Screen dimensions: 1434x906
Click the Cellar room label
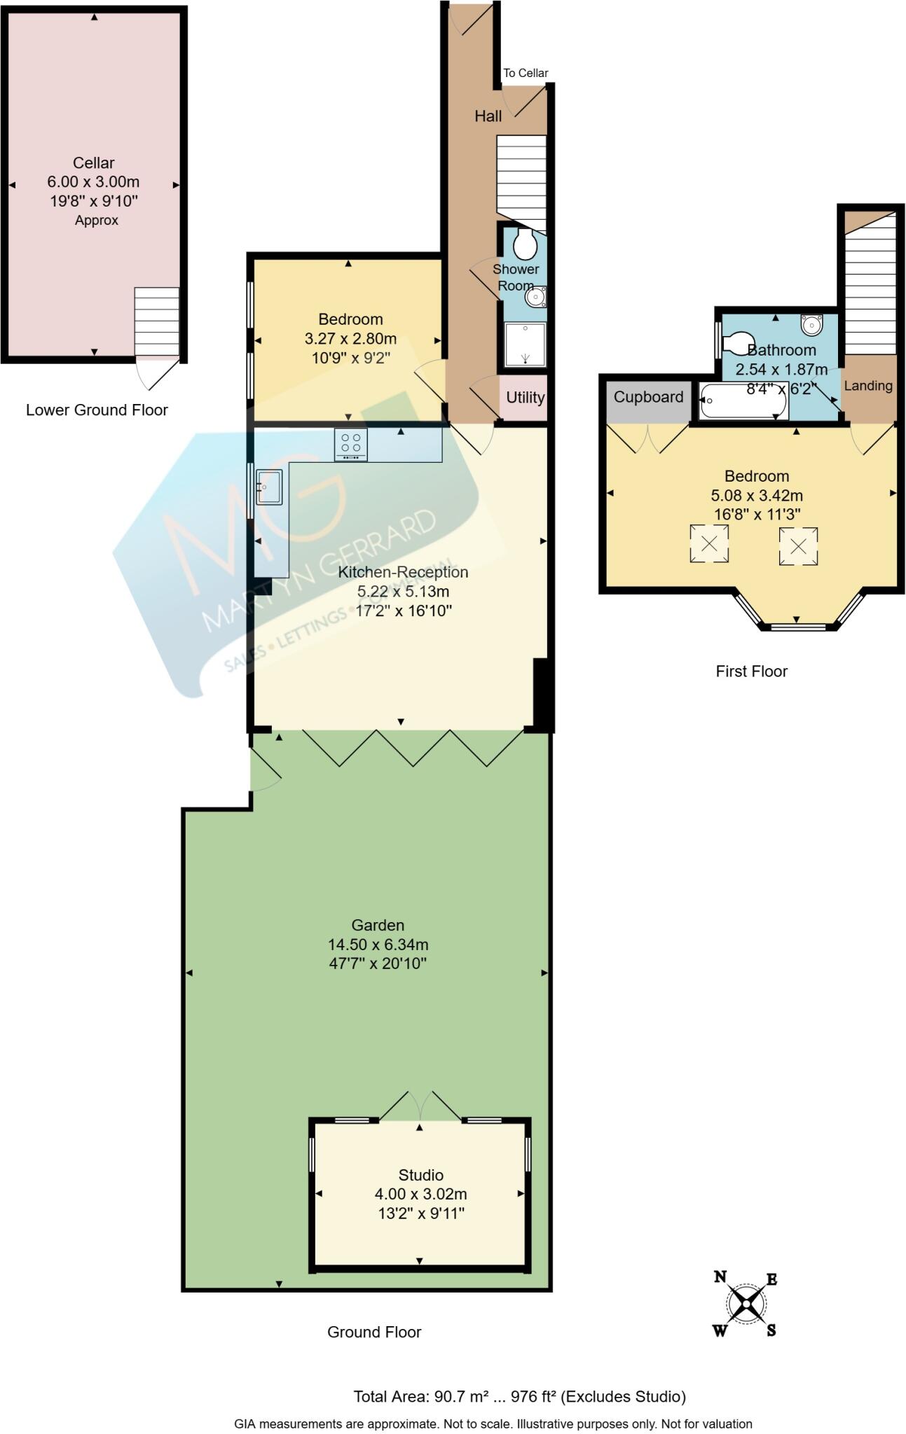(x=93, y=163)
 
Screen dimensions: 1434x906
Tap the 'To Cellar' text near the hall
(x=526, y=73)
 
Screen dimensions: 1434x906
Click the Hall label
(x=488, y=116)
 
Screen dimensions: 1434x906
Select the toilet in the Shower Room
(x=525, y=244)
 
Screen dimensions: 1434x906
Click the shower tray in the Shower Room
(x=525, y=344)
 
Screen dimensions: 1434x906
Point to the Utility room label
(x=525, y=398)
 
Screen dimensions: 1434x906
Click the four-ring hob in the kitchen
(x=350, y=444)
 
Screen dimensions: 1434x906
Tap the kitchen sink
(x=268, y=487)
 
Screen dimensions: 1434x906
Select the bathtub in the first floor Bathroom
(x=743, y=401)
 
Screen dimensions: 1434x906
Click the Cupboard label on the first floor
(x=648, y=397)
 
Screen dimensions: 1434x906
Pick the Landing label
(x=867, y=386)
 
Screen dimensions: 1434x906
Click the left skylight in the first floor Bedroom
(x=709, y=543)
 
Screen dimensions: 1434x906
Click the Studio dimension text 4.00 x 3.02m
(x=420, y=1195)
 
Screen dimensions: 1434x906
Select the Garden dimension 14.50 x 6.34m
(x=378, y=945)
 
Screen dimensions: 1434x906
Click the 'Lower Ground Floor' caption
(x=97, y=410)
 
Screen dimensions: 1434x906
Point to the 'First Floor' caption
(x=751, y=671)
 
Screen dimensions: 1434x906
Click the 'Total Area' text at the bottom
(x=519, y=1397)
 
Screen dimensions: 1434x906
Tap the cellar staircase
(x=156, y=322)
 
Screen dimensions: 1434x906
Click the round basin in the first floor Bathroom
(x=811, y=325)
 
